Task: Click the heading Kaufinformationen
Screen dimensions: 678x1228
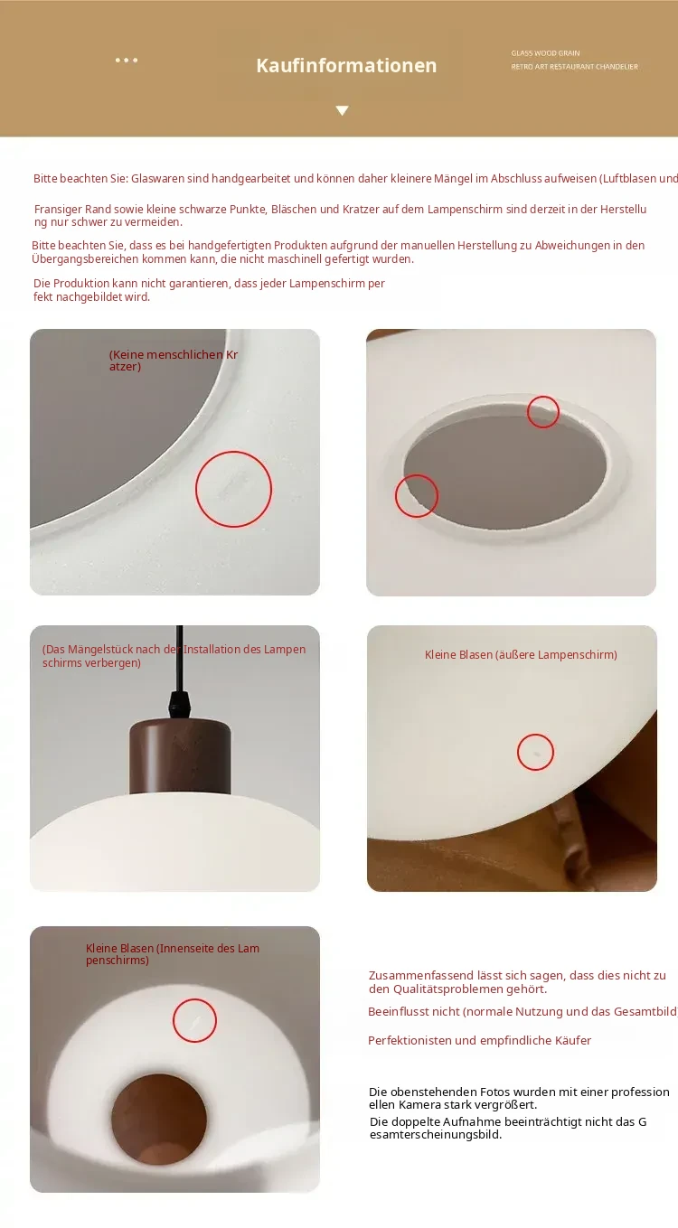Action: [346, 66]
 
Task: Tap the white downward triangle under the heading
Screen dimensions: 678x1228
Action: [343, 111]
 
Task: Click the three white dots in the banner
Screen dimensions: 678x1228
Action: [127, 61]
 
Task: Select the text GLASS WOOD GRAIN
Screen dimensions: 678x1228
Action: [545, 53]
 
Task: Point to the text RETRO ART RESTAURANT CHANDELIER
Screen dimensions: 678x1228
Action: [574, 67]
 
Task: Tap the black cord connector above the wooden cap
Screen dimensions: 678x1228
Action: [179, 703]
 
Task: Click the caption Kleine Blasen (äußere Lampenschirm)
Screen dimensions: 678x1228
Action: [521, 654]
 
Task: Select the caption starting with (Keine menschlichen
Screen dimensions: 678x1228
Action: [174, 361]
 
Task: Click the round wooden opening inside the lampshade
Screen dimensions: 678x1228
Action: [159, 1120]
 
